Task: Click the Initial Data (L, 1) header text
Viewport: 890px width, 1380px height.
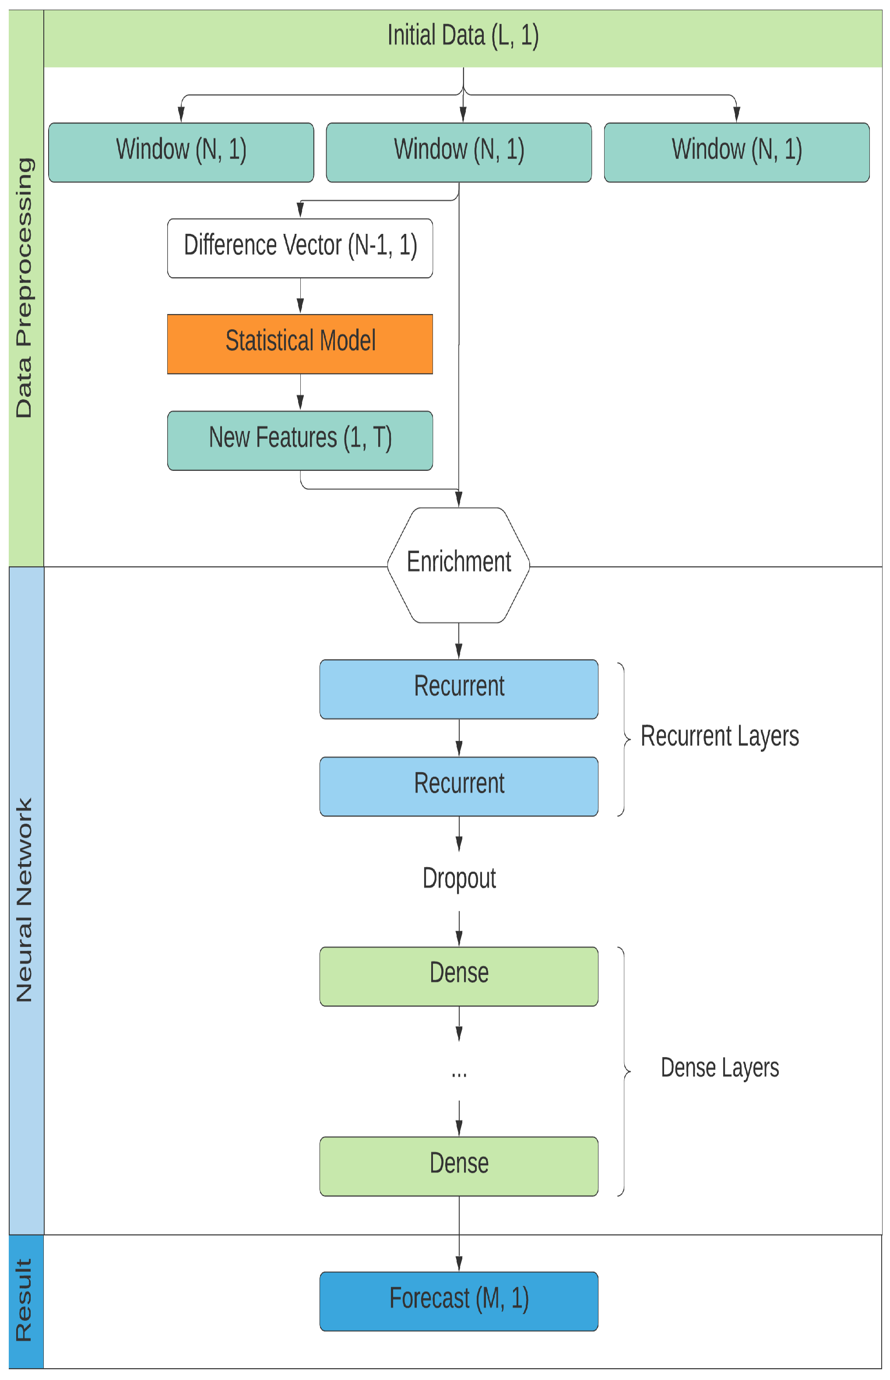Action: tap(463, 36)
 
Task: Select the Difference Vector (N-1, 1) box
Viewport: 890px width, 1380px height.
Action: tap(300, 248)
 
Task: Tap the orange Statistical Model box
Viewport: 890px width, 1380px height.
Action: tap(300, 344)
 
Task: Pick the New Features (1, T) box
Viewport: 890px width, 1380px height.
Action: tap(300, 441)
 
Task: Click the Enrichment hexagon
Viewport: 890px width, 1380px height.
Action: tap(459, 565)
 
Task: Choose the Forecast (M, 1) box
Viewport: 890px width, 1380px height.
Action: tap(459, 1301)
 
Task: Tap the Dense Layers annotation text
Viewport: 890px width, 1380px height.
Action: tap(720, 1067)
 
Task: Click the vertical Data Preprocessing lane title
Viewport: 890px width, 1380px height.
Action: tap(24, 287)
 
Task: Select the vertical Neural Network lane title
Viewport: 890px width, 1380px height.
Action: tap(24, 900)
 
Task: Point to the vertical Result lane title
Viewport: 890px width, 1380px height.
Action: tap(24, 1300)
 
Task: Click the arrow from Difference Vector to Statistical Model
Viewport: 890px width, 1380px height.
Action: tap(300, 296)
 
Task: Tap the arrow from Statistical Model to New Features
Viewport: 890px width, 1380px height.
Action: tap(300, 392)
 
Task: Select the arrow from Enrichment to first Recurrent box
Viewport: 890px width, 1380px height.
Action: tap(459, 641)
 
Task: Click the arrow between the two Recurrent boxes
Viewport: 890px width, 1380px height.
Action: tap(459, 738)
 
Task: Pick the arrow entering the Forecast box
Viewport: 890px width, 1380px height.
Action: tap(459, 1234)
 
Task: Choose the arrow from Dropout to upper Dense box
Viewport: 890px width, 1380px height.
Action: tap(459, 928)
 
